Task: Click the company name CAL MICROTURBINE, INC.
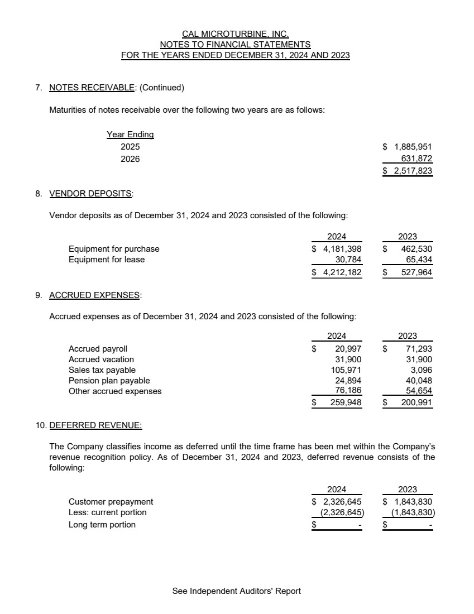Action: point(236,34)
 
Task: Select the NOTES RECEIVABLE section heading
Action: point(92,88)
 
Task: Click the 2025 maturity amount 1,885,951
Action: point(413,147)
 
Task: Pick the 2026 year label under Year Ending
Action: point(130,159)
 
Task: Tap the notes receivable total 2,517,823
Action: point(413,171)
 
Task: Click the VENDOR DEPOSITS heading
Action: point(91,194)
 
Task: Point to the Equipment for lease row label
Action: point(107,260)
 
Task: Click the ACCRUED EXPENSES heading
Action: point(95,295)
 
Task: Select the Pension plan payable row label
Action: point(109,381)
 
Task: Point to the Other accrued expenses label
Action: point(115,391)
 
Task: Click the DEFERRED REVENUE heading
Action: point(95,425)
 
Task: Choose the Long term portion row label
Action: point(102,525)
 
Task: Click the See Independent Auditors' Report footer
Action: point(237,591)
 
